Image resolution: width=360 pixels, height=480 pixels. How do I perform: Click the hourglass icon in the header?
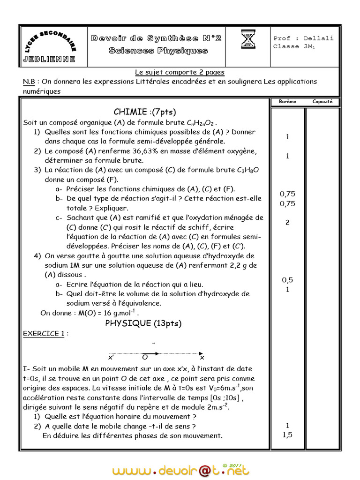pos(248,39)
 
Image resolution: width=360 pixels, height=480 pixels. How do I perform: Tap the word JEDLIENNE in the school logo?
pos(48,59)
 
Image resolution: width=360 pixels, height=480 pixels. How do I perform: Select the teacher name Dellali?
pos(318,38)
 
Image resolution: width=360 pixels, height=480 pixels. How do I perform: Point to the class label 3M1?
pos(309,47)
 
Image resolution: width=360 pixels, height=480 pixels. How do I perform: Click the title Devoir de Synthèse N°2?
pos(156,38)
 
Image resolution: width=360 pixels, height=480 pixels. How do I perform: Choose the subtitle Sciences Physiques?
pos(158,51)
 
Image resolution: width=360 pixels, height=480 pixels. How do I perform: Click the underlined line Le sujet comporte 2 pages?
pos(180,72)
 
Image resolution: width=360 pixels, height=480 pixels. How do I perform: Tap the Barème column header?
pos(287,102)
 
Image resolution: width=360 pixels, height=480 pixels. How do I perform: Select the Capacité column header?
pos(322,102)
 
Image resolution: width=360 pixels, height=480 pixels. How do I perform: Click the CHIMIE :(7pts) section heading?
pos(144,112)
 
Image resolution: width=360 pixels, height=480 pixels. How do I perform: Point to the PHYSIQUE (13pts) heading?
pos(143,323)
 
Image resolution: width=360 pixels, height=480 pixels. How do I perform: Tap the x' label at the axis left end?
pos(111,358)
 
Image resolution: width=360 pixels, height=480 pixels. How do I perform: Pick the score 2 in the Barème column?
pos(287,222)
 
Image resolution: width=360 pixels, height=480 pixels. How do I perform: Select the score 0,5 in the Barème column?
pos(287,280)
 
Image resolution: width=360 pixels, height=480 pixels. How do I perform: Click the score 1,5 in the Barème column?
pos(287,435)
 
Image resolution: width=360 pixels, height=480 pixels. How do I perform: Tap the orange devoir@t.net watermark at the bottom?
pos(180,470)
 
